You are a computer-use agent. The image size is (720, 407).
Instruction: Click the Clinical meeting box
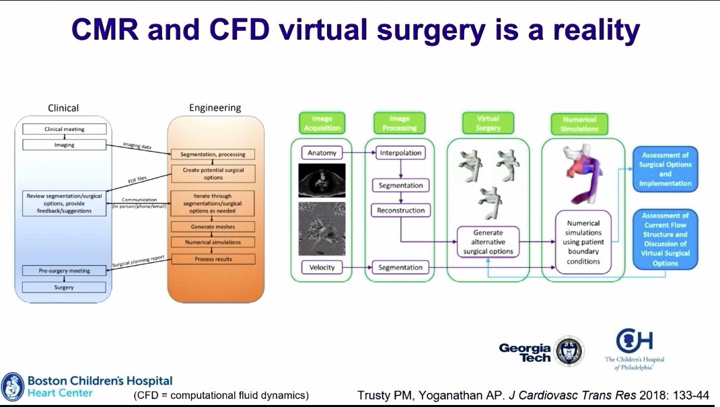coord(65,128)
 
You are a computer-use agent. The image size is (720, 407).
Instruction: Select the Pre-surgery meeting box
coord(65,270)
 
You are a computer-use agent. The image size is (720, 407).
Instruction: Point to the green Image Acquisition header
coord(322,123)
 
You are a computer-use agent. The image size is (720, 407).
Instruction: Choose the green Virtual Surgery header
coord(489,123)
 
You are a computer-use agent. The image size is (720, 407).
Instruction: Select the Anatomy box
coord(322,153)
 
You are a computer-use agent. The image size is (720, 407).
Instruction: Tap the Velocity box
coord(322,268)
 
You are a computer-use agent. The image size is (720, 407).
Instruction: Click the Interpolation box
coord(401,153)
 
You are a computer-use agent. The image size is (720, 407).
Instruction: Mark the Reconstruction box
coord(401,211)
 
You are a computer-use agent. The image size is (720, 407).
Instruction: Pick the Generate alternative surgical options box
coord(489,242)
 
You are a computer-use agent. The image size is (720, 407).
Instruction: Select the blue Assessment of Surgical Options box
coord(665,169)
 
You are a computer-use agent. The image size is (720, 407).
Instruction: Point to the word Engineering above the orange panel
coord(215,108)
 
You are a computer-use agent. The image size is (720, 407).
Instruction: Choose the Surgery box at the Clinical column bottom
coord(65,287)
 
